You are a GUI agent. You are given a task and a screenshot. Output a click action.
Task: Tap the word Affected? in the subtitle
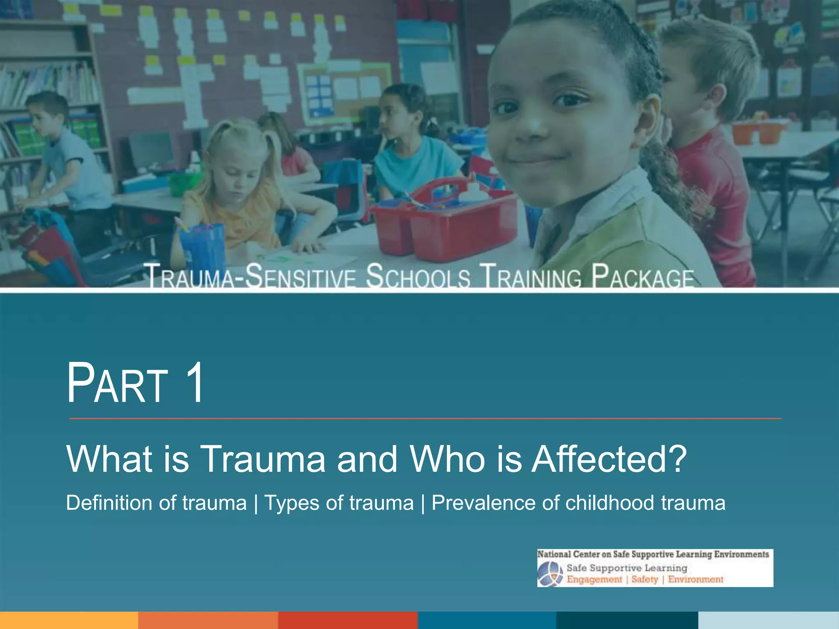(609, 459)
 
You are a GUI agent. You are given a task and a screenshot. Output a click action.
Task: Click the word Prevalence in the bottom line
(483, 503)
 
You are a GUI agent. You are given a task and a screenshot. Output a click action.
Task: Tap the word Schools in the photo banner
(418, 276)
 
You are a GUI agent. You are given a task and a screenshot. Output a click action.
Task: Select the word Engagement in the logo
(594, 579)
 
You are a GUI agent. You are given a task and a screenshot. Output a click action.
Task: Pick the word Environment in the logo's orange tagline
(696, 579)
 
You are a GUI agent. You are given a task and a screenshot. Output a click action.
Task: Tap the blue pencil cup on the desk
(203, 246)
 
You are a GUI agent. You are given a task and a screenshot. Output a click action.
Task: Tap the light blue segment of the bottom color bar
(769, 620)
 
